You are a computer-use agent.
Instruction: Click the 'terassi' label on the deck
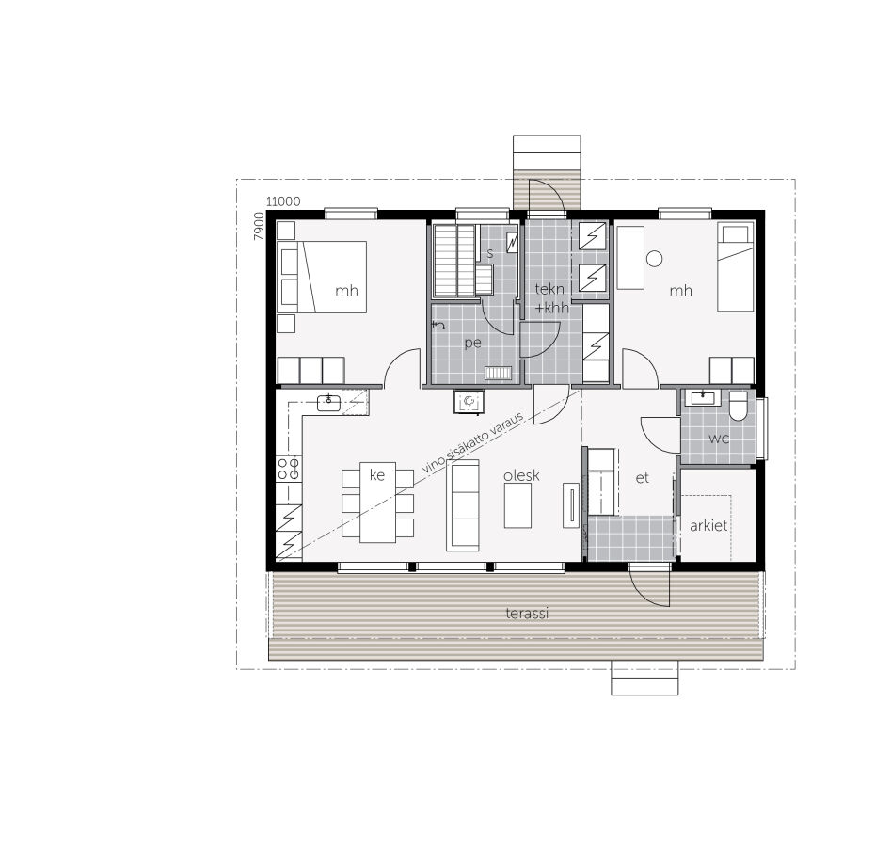526,614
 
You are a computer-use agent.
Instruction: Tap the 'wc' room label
719,439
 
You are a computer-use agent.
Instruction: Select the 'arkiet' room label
708,526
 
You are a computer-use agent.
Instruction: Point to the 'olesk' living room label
521,475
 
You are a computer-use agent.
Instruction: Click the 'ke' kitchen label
377,475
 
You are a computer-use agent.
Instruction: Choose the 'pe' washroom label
472,344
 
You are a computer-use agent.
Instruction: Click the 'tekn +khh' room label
551,298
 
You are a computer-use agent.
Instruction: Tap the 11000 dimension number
283,201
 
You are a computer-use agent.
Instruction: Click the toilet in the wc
739,406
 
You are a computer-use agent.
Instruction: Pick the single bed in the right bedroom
736,266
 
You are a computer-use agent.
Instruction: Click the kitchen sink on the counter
328,403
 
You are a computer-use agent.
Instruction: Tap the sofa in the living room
464,505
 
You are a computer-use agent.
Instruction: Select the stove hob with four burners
289,469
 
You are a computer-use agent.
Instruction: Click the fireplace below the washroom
469,402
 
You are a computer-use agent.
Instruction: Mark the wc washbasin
701,398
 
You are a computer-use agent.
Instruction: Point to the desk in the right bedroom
630,257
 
